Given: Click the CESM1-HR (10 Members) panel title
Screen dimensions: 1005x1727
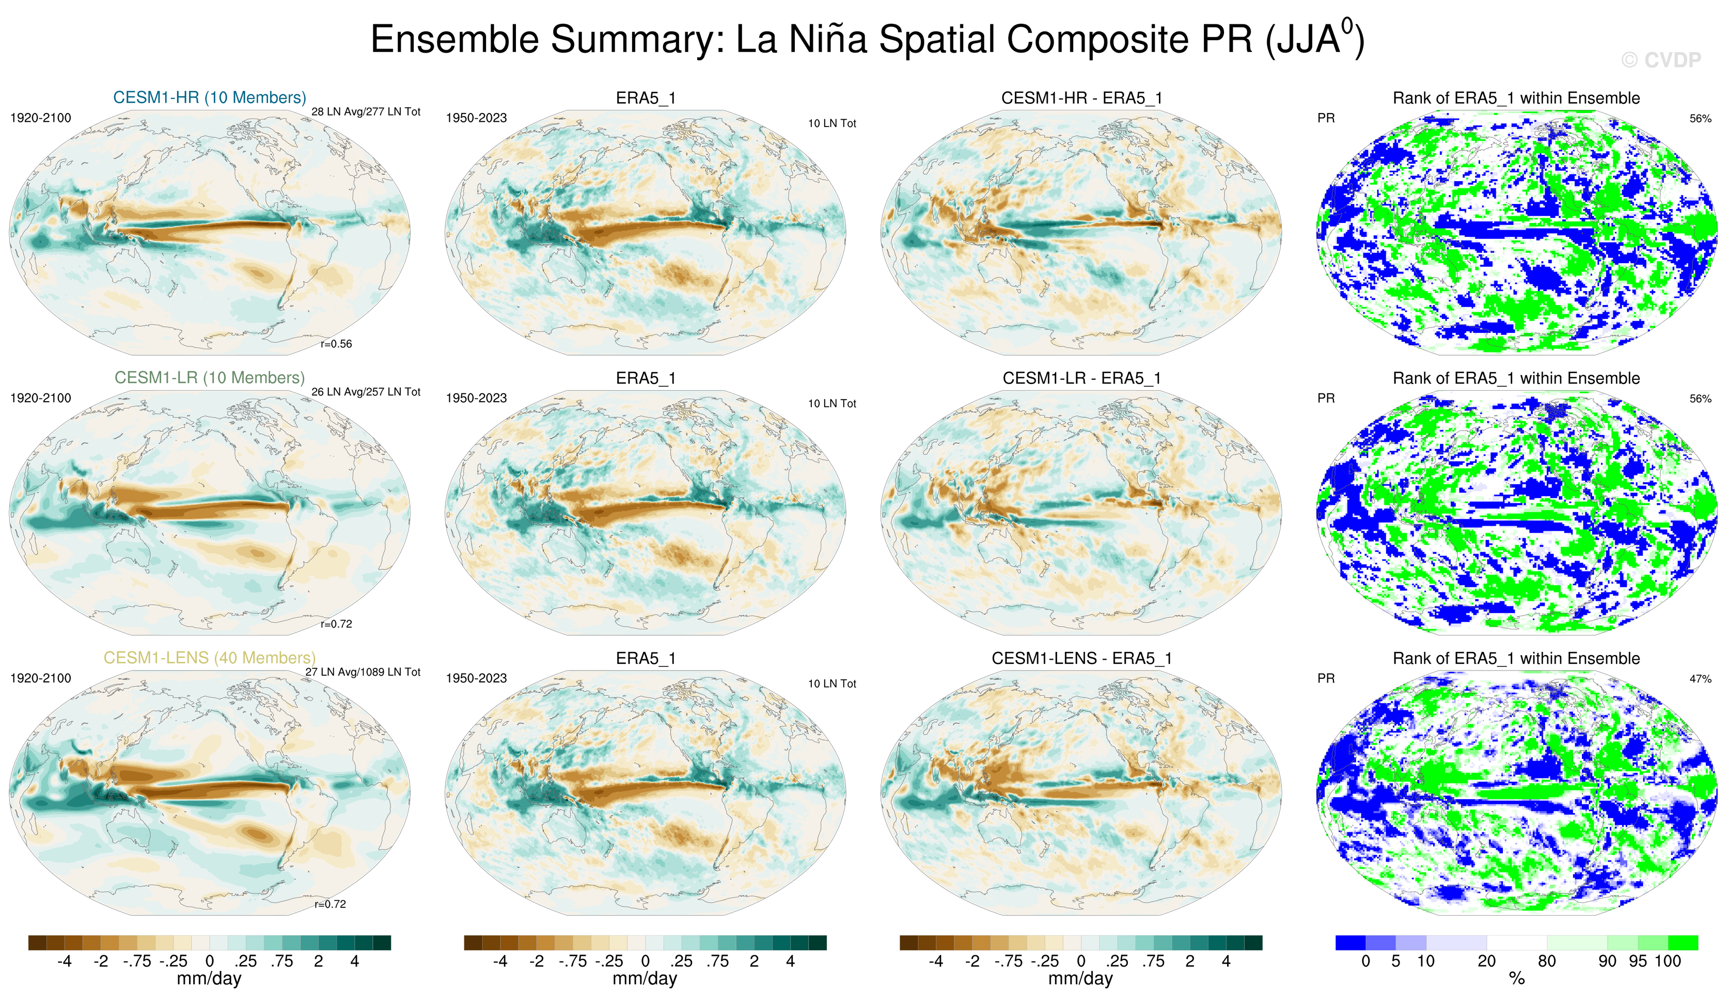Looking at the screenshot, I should coord(209,97).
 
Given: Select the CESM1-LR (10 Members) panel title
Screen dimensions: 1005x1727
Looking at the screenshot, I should coord(209,377).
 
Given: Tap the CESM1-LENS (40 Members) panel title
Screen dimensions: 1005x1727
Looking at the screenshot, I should coord(209,658).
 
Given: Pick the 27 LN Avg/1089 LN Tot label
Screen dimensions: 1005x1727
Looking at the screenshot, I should coord(363,672).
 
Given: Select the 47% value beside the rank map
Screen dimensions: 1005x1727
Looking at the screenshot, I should coord(1700,679).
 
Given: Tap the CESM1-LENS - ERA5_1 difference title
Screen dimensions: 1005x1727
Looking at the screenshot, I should coord(1081,658).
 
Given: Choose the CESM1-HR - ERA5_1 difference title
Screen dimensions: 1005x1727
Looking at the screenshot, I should coord(1081,98).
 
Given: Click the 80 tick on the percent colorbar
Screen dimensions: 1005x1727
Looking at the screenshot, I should coord(1546,961).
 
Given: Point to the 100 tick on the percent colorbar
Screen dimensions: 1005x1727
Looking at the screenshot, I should coord(1668,961).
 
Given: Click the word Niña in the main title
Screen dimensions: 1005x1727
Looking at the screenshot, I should coord(828,39).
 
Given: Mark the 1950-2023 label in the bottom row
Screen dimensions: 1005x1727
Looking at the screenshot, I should coord(476,678).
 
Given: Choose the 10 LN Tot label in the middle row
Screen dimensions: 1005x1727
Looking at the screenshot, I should coord(831,404).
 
